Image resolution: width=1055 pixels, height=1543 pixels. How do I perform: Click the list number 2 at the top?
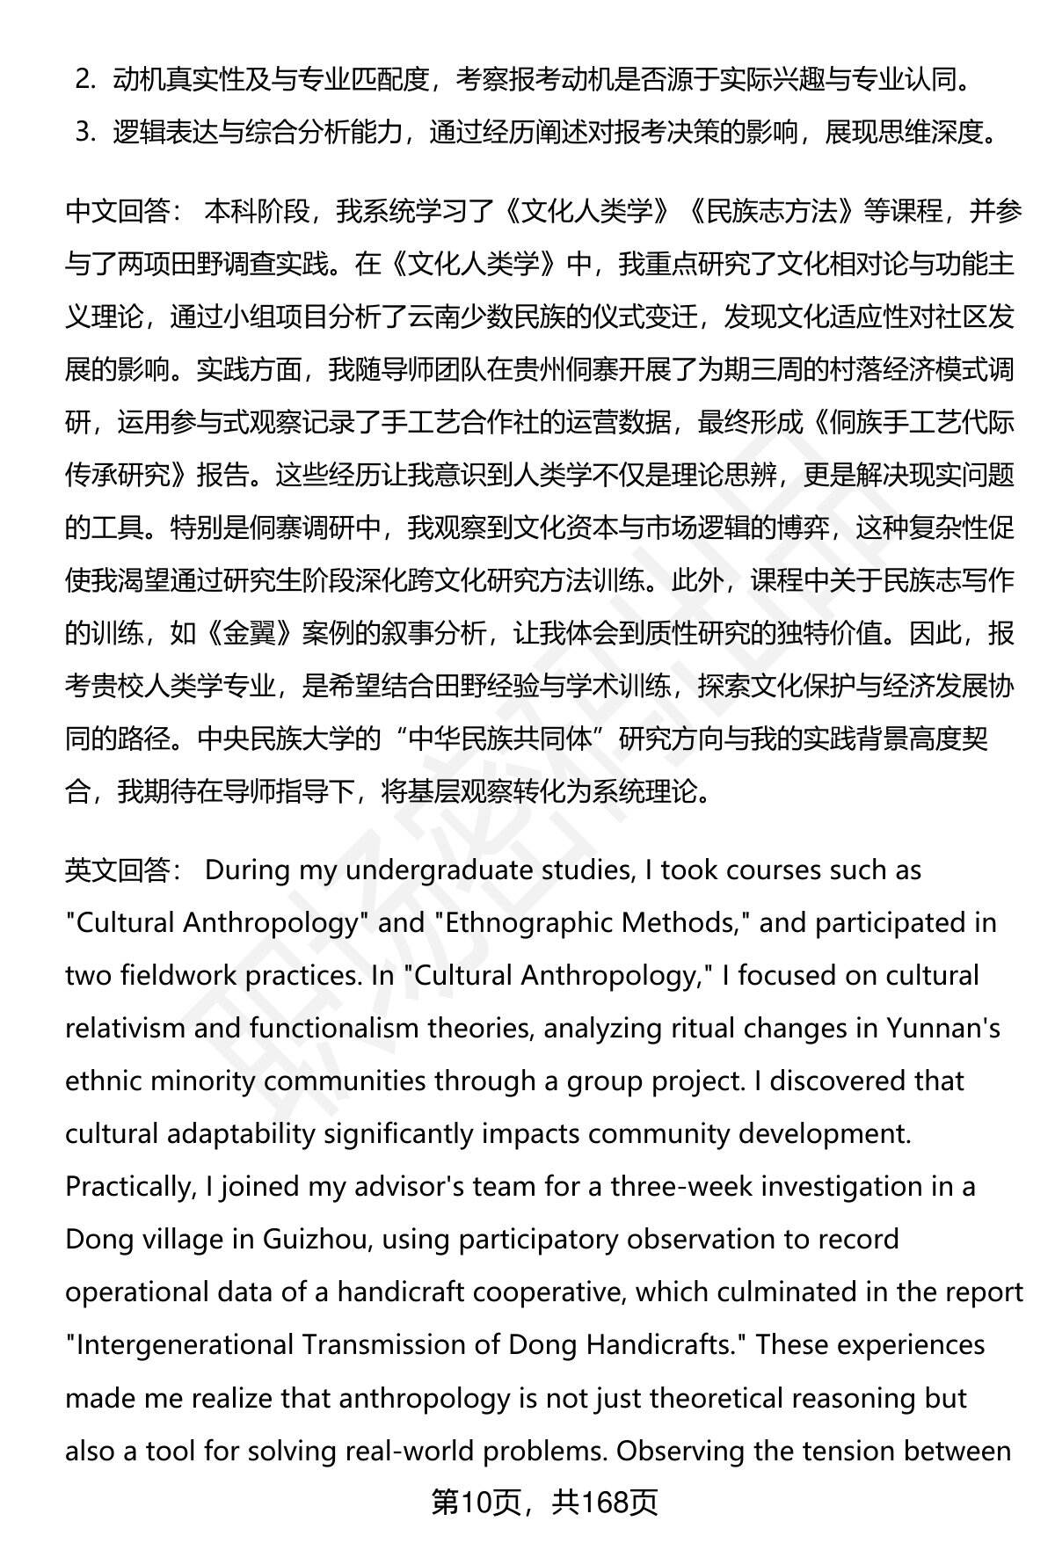84,80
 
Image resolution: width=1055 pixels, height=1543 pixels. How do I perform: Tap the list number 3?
84,133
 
